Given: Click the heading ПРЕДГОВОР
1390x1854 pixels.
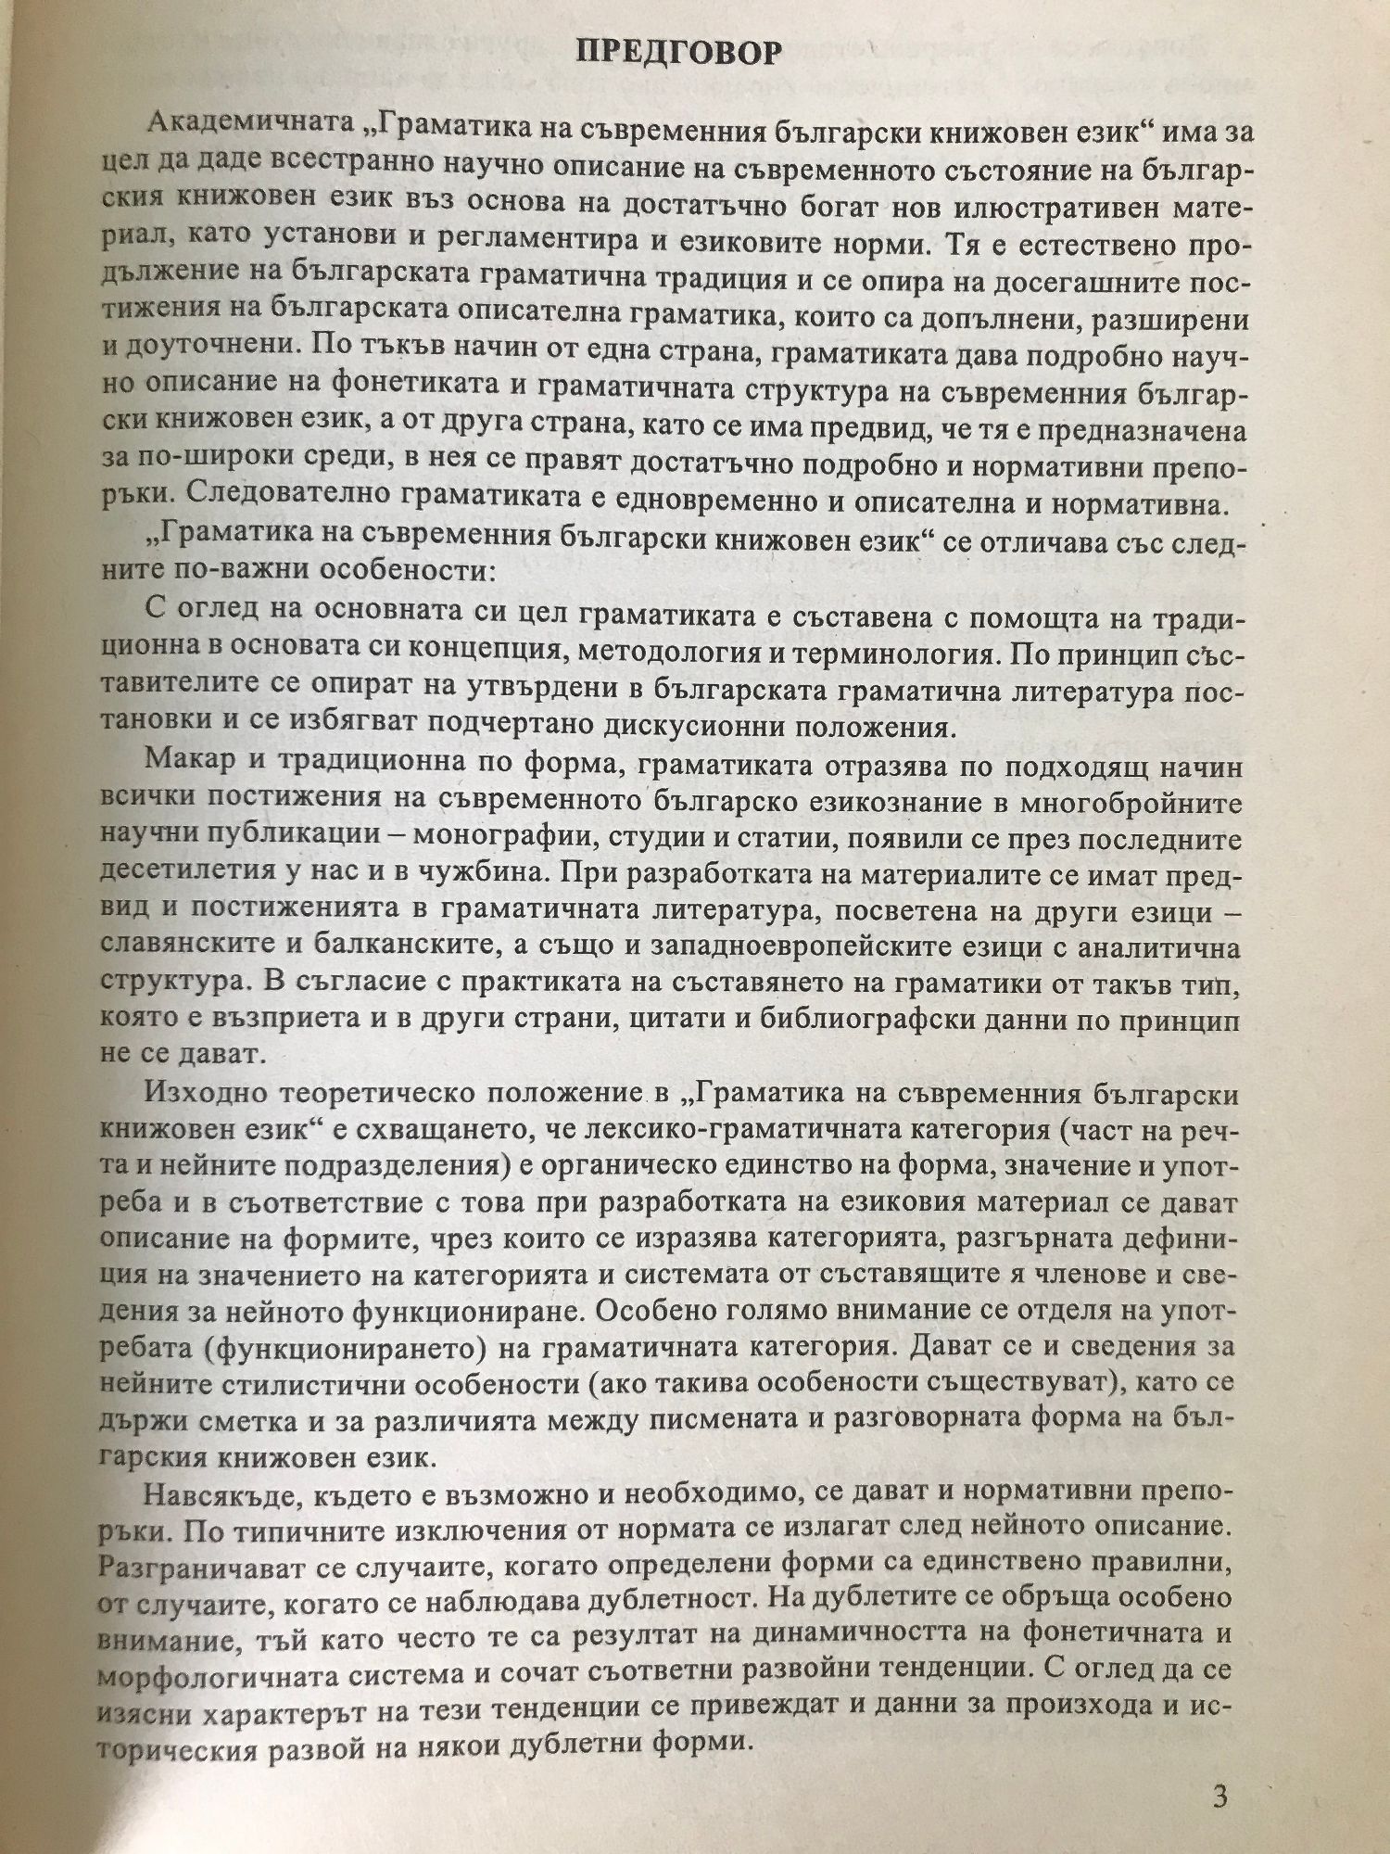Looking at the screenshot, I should [x=678, y=53].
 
